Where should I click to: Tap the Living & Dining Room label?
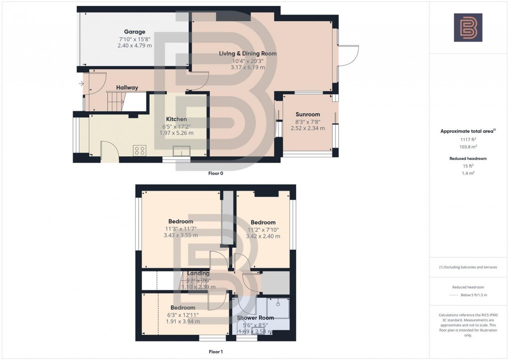point(248,53)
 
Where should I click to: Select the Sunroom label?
point(307,114)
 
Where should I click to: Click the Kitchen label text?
point(176,119)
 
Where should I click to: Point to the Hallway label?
point(127,88)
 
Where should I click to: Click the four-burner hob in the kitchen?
point(140,150)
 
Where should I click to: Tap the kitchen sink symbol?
point(181,151)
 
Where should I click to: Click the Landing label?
point(198,273)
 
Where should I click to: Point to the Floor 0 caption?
point(216,174)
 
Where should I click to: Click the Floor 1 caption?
point(216,352)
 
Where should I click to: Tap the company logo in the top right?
point(468,27)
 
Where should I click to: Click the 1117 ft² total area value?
point(468,141)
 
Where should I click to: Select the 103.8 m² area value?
point(468,148)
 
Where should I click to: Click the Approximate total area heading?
point(468,131)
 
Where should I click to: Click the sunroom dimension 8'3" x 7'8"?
point(307,121)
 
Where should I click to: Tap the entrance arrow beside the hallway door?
point(81,83)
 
